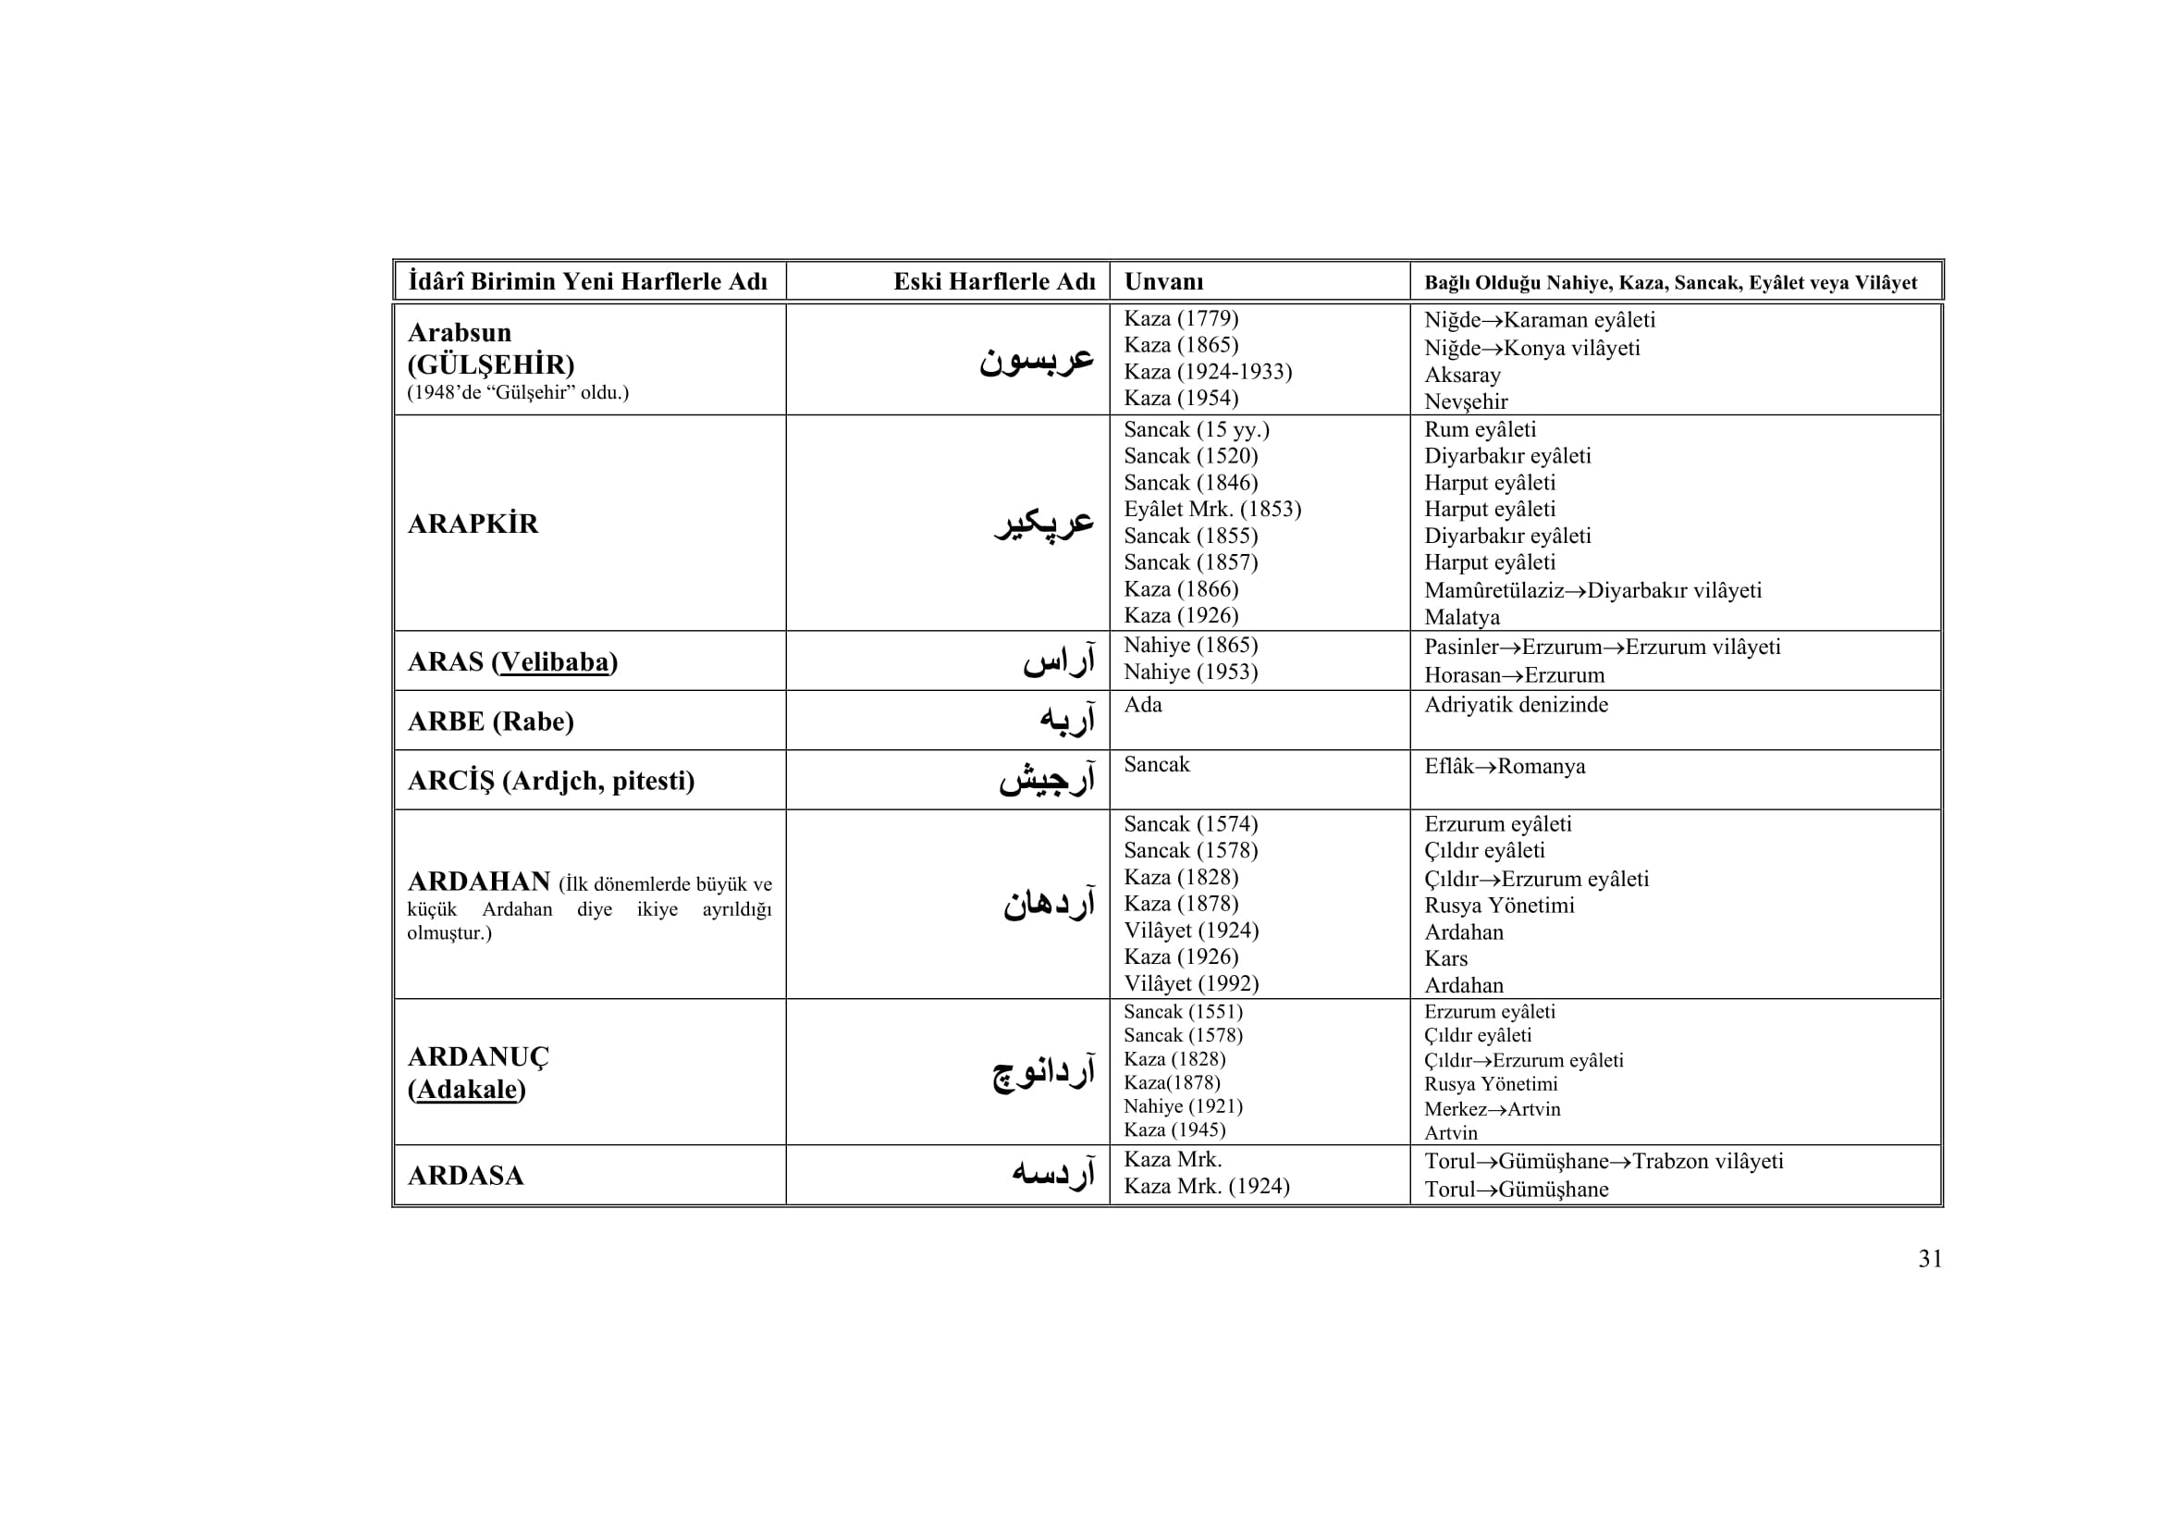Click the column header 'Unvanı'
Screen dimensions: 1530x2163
tap(1163, 282)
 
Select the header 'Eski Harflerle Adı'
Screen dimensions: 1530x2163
tap(994, 282)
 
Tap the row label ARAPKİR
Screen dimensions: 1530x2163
tap(473, 524)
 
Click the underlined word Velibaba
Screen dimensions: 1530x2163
tap(554, 662)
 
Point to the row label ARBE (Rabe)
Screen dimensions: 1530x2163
tap(490, 722)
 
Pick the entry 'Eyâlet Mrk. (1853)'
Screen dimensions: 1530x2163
tap(1211, 510)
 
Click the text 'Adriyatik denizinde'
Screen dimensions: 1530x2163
tap(1516, 705)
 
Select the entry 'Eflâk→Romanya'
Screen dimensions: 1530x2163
tap(1505, 766)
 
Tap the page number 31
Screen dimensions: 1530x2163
tap(1929, 1260)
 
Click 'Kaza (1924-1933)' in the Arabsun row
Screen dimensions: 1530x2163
tap(1208, 372)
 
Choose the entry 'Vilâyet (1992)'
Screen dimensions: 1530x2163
tap(1191, 983)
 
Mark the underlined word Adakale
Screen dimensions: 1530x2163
tap(467, 1090)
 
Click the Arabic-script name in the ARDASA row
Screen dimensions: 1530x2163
tap(1052, 1174)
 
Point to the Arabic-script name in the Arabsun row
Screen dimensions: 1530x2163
tap(1037, 359)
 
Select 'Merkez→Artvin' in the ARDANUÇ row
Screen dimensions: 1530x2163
tap(1493, 1109)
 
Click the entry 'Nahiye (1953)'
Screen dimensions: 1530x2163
tap(1191, 672)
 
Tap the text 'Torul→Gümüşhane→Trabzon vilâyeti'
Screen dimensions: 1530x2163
tap(1604, 1162)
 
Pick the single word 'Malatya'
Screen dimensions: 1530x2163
tap(1462, 618)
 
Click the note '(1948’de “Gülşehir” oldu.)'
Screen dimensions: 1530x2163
tap(517, 393)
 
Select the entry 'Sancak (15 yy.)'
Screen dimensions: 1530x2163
tap(1197, 430)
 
